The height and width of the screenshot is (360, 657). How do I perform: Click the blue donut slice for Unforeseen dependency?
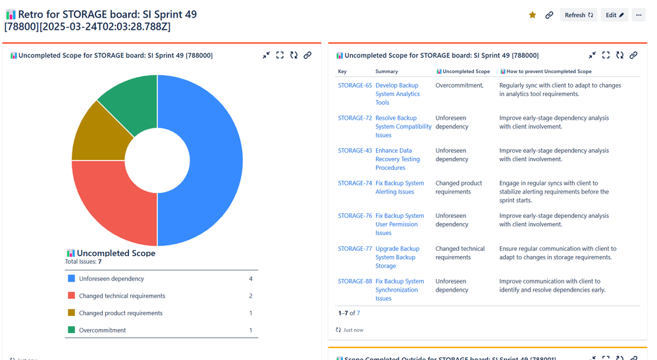pos(211,160)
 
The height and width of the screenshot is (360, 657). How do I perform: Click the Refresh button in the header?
pos(579,15)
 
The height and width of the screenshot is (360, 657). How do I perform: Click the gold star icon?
pos(533,15)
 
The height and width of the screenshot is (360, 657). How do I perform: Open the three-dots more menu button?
pos(639,15)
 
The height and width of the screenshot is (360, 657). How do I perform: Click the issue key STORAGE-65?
pos(355,86)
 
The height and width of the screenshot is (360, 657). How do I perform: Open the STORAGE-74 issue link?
pos(355,184)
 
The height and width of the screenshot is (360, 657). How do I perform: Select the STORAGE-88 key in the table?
pos(355,282)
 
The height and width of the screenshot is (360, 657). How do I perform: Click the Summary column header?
pos(386,71)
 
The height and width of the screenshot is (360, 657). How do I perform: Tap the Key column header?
pos(342,71)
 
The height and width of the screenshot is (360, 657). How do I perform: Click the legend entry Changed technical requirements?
pos(122,296)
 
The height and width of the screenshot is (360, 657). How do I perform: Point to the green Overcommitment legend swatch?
pos(71,330)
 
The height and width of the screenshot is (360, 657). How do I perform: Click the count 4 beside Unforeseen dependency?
pos(251,279)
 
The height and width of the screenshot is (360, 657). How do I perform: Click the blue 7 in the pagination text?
pos(358,313)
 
